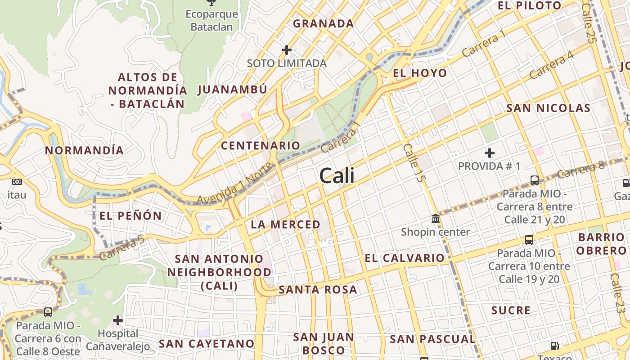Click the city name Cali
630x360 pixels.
pyautogui.click(x=337, y=175)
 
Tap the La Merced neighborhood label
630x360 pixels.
pyautogui.click(x=286, y=224)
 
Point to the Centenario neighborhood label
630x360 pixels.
pyautogui.click(x=260, y=145)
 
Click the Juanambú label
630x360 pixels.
pyautogui.click(x=232, y=89)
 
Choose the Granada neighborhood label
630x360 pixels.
pyautogui.click(x=323, y=23)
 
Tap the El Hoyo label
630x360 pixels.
pyautogui.click(x=420, y=73)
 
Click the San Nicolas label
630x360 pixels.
pyautogui.click(x=548, y=108)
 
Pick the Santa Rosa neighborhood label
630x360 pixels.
pyautogui.click(x=318, y=289)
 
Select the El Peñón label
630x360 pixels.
pyautogui.click(x=130, y=216)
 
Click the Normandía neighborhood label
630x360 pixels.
pyautogui.click(x=84, y=150)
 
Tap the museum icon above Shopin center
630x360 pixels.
pyautogui.click(x=436, y=219)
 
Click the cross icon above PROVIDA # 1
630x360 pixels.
pyautogui.click(x=490, y=153)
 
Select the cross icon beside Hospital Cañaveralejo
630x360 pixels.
pyautogui.click(x=118, y=320)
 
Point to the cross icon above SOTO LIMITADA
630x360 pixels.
pyautogui.click(x=287, y=49)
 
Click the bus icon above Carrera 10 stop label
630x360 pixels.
pyautogui.click(x=529, y=239)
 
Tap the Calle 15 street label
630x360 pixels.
pyautogui.click(x=414, y=162)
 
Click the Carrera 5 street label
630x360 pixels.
pyautogui.click(x=122, y=248)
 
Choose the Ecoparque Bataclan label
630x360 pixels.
pyautogui.click(x=211, y=20)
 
